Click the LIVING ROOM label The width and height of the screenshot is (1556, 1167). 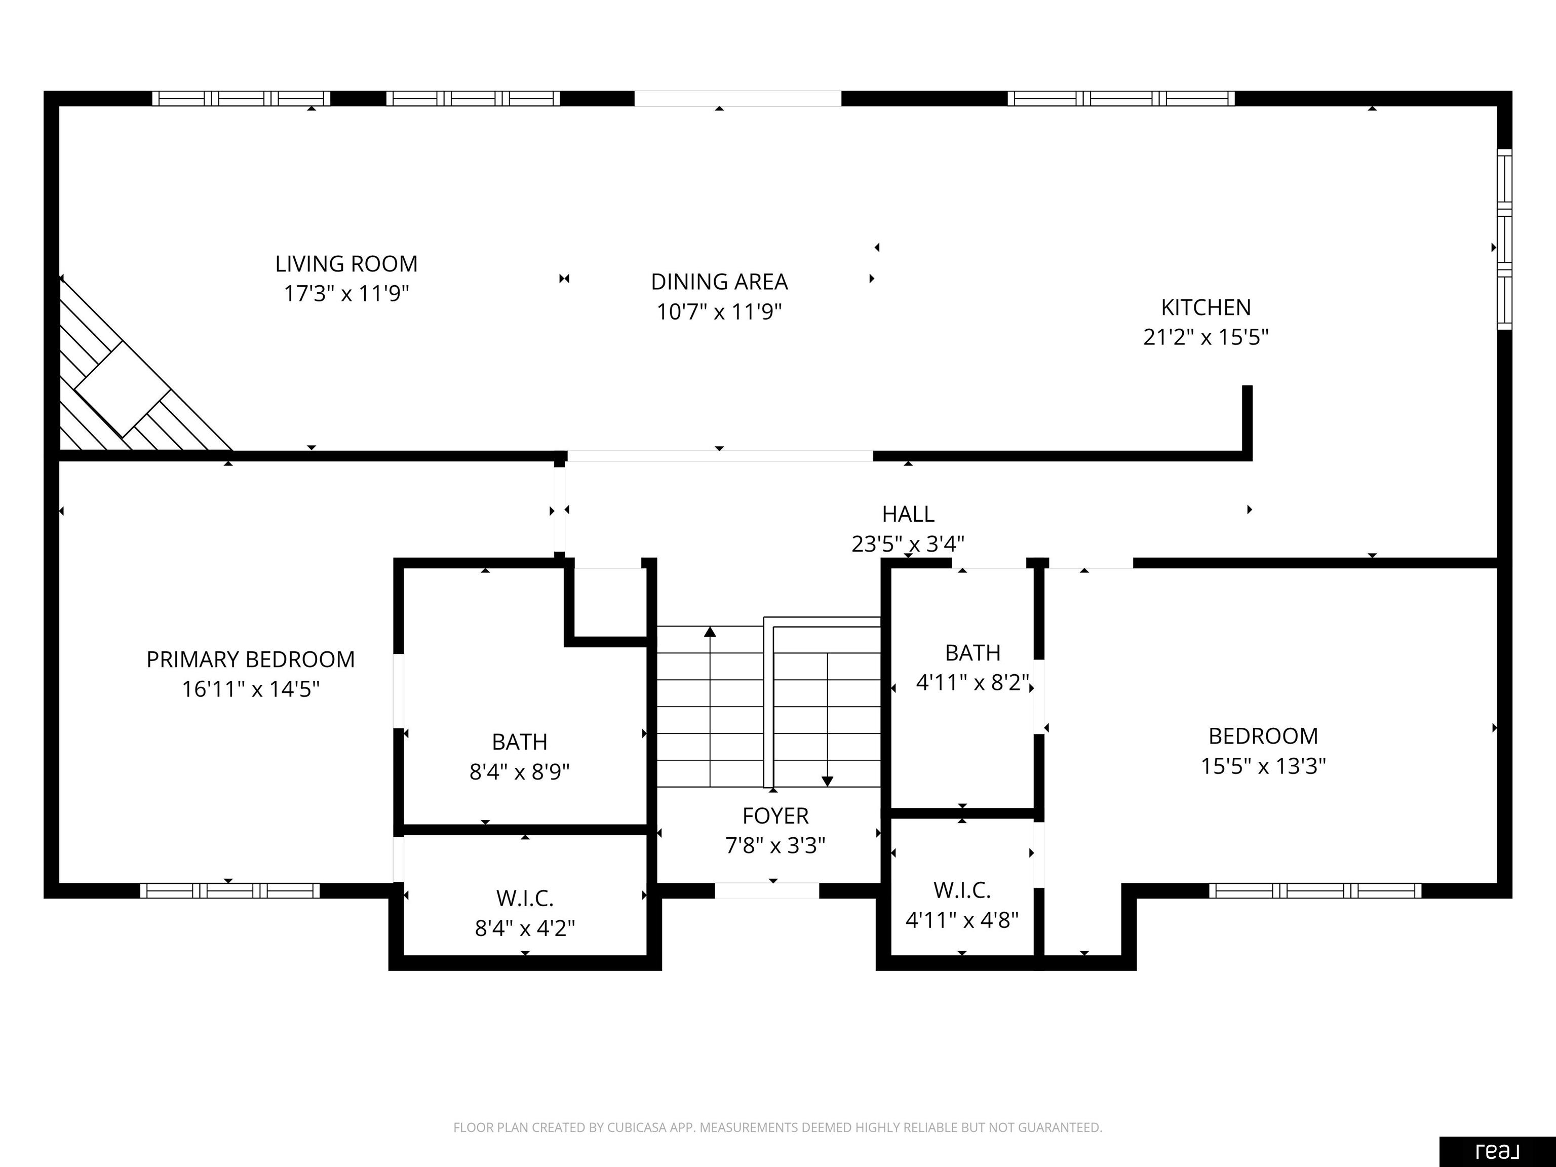point(346,264)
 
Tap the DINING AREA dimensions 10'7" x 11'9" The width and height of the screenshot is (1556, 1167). point(719,312)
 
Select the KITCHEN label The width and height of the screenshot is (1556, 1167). point(1205,307)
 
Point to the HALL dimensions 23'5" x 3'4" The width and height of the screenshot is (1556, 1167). point(908,544)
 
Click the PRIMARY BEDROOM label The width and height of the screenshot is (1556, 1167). point(250,659)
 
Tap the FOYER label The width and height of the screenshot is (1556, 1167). point(775,815)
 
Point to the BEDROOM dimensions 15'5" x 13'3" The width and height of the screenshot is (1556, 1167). point(1263,765)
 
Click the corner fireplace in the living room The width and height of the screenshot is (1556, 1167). point(123,389)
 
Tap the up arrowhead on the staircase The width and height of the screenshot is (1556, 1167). point(710,632)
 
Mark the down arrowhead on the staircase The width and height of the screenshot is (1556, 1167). point(827,781)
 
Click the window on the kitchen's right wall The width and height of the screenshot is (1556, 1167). point(1504,239)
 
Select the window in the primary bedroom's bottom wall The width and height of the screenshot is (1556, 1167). point(229,890)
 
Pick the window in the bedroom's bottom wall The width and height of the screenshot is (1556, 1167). point(1315,890)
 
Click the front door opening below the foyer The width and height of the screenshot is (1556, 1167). point(767,890)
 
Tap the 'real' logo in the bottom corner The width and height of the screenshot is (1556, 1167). point(1497,1151)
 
